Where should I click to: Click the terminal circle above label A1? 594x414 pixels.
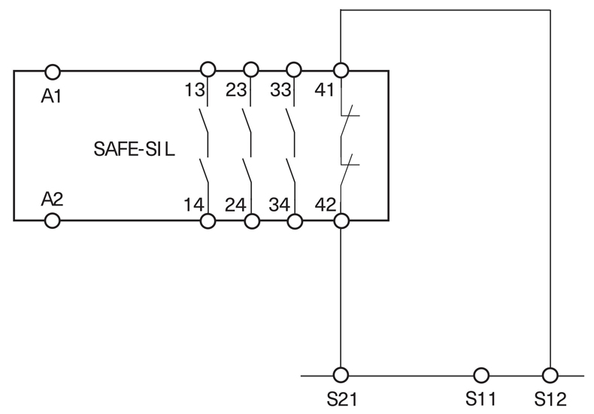point(53,71)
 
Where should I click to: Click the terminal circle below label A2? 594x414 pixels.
point(53,221)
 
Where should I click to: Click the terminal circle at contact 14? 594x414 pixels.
point(208,221)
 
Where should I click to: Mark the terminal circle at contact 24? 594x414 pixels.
point(252,221)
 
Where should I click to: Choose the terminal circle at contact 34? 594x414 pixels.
point(295,221)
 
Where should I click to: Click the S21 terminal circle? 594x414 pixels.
point(341,374)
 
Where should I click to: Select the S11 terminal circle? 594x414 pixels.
point(480,374)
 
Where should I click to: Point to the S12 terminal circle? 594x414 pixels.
point(550,374)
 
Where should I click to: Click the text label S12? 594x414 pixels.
point(550,397)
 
